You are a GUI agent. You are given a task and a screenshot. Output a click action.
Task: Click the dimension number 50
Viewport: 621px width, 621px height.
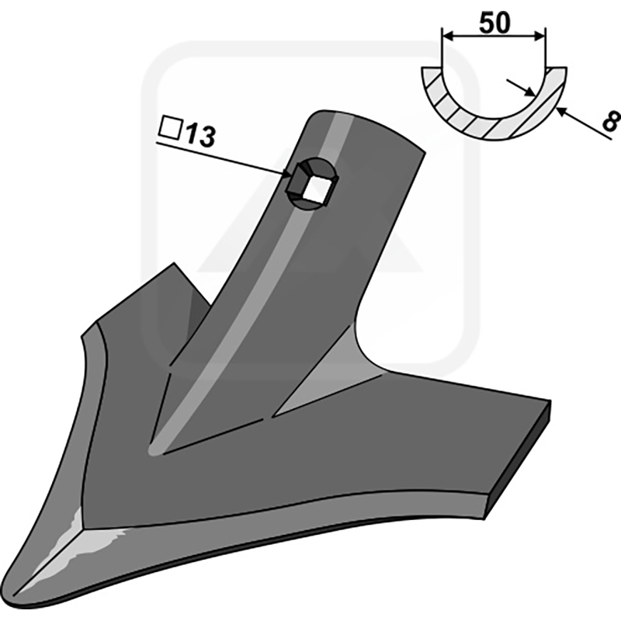[494, 23]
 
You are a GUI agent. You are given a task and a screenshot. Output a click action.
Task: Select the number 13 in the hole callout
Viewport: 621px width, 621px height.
[199, 137]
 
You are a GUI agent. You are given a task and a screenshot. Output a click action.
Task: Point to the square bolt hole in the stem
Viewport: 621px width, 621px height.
[316, 187]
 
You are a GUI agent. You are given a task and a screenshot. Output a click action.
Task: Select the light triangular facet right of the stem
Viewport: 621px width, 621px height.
[318, 388]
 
